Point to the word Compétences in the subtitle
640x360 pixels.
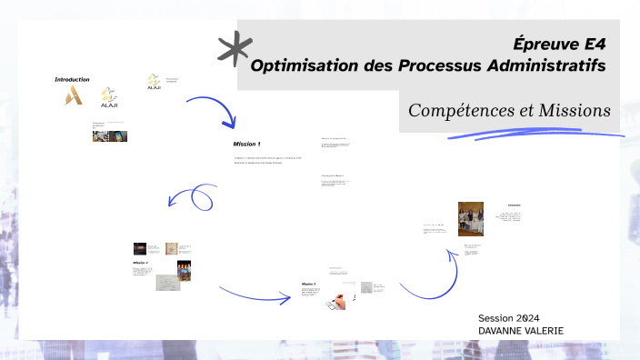462,111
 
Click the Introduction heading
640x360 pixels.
73,80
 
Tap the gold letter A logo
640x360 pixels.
73,95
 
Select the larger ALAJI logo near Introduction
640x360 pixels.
109,97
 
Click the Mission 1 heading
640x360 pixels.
246,145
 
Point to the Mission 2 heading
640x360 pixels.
140,263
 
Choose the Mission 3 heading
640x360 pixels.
309,285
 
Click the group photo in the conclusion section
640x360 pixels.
470,218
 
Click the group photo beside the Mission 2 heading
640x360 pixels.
185,272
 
